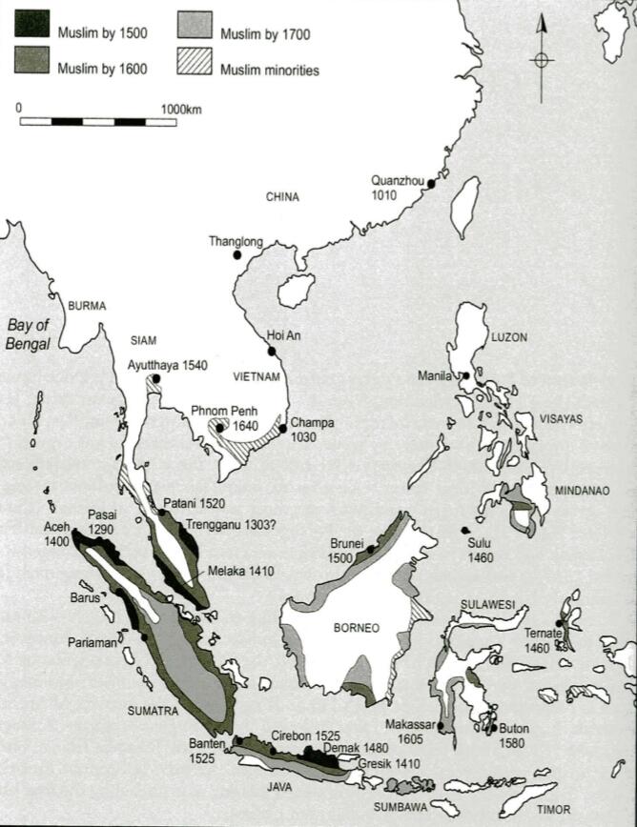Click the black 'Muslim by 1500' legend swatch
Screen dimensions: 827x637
[31, 26]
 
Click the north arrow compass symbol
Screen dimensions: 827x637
[542, 59]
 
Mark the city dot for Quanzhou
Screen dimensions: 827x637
[431, 184]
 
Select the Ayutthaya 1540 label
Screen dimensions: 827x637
[167, 365]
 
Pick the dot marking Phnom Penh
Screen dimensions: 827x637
[220, 428]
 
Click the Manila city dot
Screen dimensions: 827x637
[465, 376]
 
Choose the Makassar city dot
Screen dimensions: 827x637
[442, 725]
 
